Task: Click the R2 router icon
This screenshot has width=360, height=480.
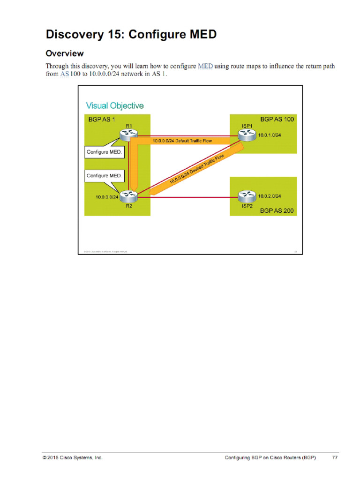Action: pos(127,196)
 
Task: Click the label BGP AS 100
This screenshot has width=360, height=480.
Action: pos(277,120)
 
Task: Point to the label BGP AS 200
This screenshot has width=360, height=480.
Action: pos(277,211)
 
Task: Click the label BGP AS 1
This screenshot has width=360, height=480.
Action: pos(102,120)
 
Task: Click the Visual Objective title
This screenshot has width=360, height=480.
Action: pos(114,105)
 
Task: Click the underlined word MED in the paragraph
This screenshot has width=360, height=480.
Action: pos(205,66)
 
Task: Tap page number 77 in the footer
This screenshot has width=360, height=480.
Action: pos(335,457)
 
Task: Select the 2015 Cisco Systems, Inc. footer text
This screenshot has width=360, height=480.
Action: pos(72,457)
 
